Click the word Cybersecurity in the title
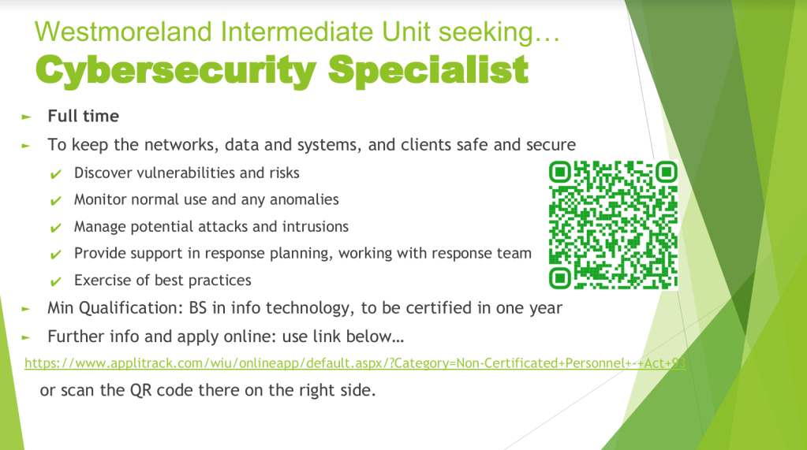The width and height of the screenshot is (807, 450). tap(175, 70)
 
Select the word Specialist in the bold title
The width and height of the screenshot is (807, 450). tap(428, 69)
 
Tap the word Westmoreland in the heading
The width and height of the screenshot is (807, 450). tap(123, 32)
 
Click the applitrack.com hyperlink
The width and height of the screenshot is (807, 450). tap(355, 363)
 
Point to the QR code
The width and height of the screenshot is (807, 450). tap(613, 225)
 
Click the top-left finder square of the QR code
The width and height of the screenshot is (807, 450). tap(560, 172)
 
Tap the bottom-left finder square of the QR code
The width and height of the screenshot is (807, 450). tap(560, 278)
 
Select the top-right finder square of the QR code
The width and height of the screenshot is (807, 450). tap(667, 172)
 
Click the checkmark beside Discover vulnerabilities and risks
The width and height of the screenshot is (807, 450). tap(55, 174)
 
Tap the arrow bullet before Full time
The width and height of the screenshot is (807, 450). tap(26, 117)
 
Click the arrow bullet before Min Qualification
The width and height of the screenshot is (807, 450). tap(26, 309)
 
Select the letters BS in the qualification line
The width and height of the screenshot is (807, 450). tap(198, 307)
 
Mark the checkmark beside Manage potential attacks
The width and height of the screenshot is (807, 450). tap(55, 228)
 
